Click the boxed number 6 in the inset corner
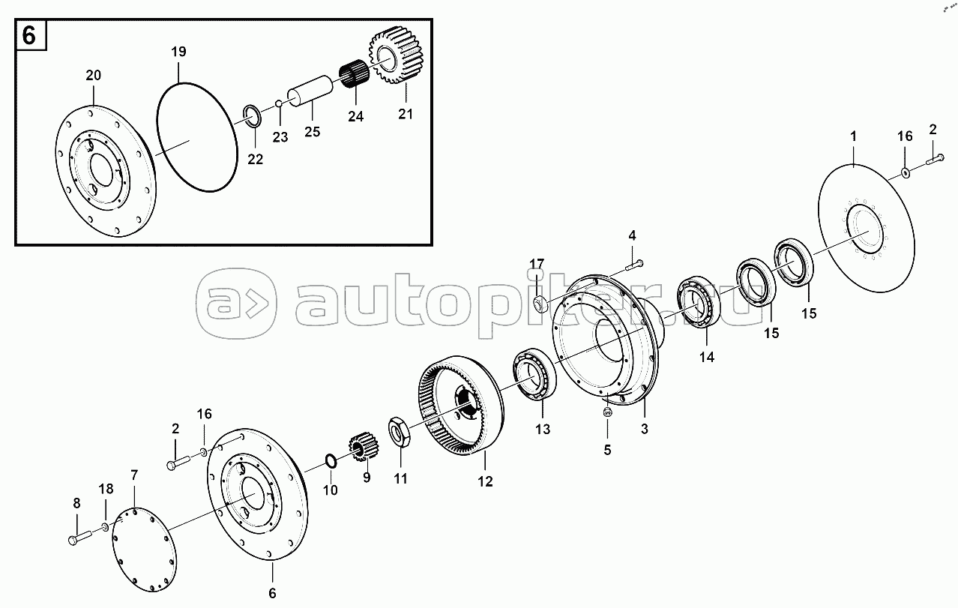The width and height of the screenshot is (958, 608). point(28,35)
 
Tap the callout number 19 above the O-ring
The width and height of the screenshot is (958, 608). point(178,52)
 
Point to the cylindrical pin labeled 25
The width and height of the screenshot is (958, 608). point(310,91)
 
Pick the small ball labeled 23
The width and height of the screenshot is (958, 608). point(279,103)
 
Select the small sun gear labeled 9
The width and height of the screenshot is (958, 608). point(364,446)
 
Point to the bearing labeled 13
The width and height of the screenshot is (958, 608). point(534,374)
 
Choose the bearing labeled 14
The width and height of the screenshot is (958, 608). point(699,303)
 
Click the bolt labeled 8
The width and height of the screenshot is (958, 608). point(80,538)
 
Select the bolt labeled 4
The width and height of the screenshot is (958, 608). point(635,265)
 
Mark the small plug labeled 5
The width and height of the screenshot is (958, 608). point(607,412)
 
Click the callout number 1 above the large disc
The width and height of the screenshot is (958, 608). point(853,137)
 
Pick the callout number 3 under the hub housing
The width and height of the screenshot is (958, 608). point(645,429)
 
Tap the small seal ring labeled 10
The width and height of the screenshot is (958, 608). point(331,461)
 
